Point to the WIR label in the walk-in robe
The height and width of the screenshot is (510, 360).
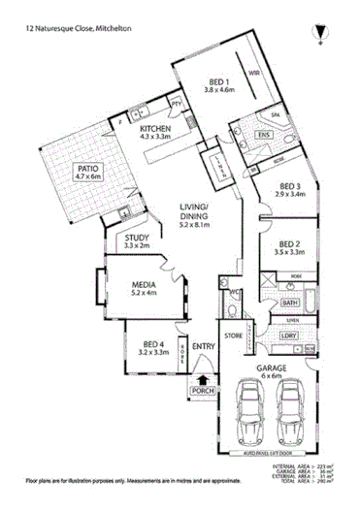254,73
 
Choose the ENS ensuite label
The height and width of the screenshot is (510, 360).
263,134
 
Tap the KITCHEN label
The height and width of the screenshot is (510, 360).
156,129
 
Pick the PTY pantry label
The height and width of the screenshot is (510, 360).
177,102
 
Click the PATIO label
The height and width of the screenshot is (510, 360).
91,170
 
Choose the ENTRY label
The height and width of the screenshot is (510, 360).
203,346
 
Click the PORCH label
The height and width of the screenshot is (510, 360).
203,391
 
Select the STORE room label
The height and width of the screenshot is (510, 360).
233,335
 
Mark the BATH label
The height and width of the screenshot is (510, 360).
289,303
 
